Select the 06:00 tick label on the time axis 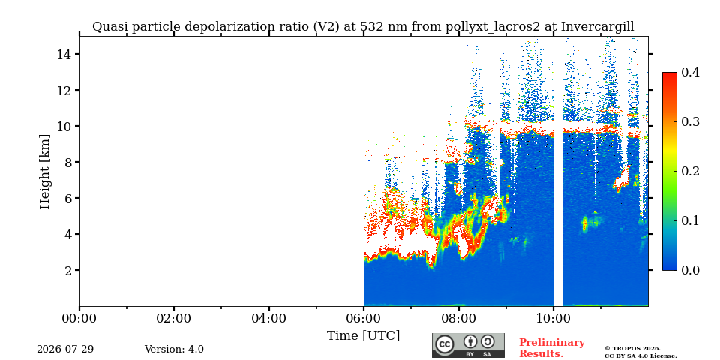364,318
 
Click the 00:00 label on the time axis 80,318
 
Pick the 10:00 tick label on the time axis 553,318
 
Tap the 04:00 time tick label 268,318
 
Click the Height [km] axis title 44,172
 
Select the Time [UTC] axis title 363,335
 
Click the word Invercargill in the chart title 598,27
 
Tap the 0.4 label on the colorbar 690,72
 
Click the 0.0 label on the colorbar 690,270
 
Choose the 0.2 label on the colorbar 690,171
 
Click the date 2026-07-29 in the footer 65,349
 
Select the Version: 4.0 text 174,349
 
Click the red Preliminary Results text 552,348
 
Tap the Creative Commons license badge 468,345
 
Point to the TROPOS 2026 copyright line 632,349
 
